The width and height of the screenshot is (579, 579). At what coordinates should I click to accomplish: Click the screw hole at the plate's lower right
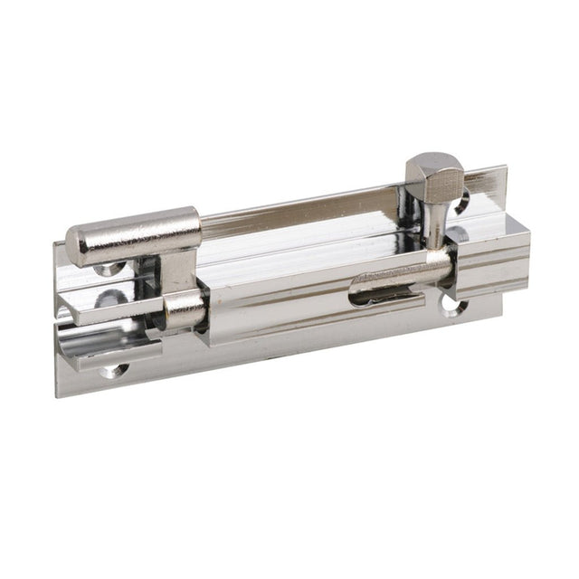(451, 306)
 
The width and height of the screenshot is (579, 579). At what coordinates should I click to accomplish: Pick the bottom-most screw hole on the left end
(113, 369)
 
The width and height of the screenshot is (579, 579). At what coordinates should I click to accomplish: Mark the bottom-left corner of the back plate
(56, 396)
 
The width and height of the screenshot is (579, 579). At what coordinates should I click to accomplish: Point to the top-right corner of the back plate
(505, 166)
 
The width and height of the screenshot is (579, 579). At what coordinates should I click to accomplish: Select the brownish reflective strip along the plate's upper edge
(299, 204)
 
